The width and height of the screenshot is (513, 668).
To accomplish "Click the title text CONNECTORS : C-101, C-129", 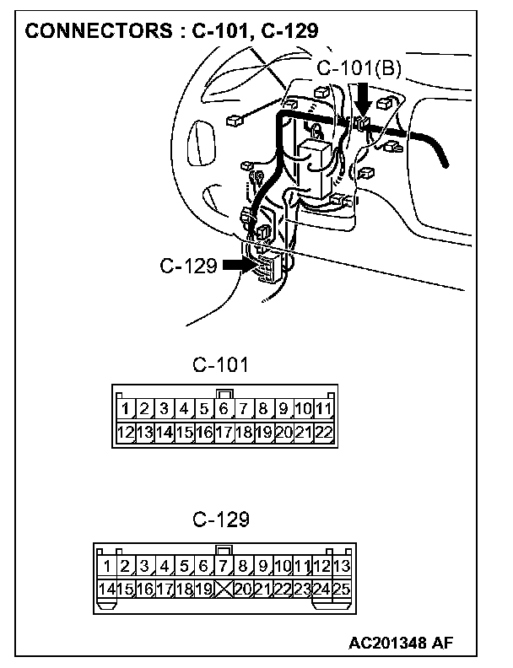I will pos(170,32).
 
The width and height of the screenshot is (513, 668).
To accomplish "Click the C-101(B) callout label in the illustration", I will pos(359,68).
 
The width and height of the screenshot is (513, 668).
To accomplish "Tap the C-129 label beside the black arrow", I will pos(188,267).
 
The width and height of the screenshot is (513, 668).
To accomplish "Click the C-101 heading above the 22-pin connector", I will pos(221,365).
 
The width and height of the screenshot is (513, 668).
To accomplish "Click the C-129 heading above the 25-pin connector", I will pos(221,519).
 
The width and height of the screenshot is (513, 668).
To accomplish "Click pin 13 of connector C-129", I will pos(342,566).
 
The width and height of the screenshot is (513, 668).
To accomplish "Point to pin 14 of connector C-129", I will pos(107,589).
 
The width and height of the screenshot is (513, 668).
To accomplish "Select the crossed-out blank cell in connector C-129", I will pos(224,589).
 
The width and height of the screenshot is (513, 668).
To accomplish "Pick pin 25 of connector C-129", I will pos(342,589).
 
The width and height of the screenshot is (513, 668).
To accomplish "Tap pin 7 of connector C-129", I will pos(224,566).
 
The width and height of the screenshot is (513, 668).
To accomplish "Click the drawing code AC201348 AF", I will pos(400,643).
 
